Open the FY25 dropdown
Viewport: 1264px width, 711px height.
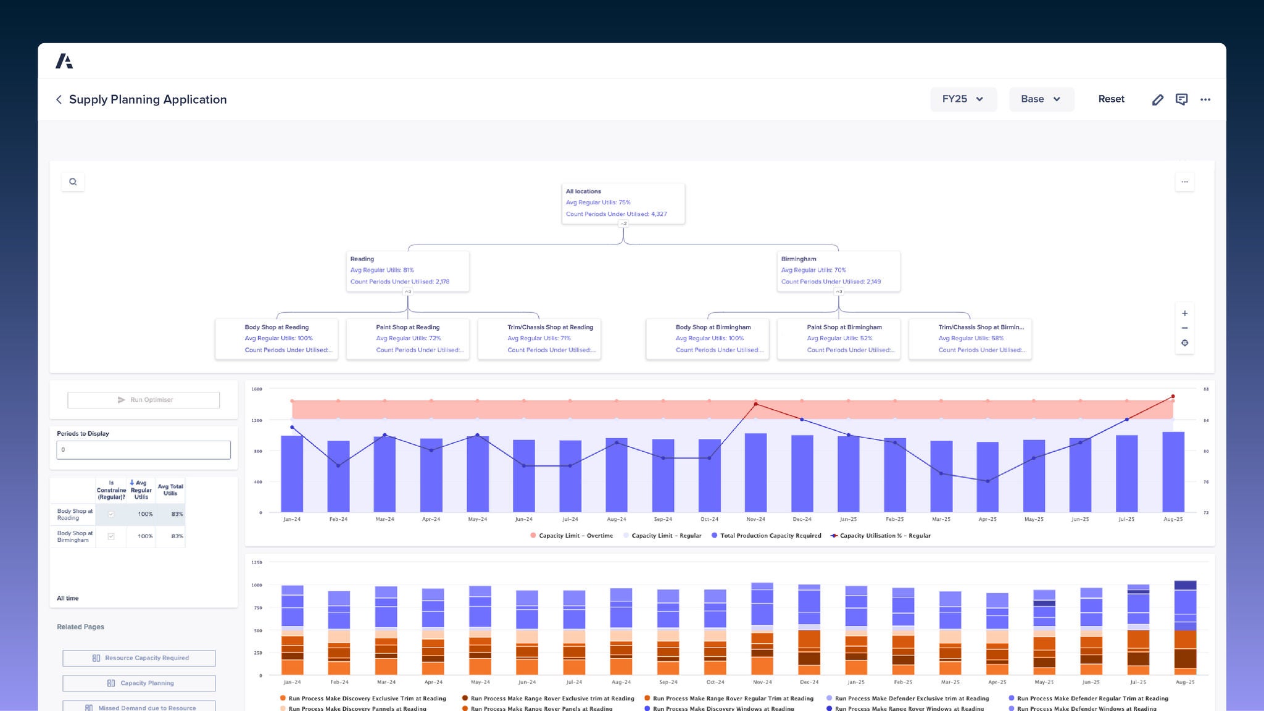[963, 99]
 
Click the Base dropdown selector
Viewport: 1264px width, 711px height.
[1041, 99]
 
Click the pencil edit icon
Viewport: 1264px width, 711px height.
[1157, 100]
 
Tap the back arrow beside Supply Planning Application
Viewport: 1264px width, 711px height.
[59, 99]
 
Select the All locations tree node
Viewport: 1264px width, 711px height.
[623, 203]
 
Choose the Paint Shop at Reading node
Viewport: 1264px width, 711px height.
[407, 338]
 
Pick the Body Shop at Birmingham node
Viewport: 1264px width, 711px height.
[707, 338]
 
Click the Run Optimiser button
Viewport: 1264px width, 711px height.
[144, 400]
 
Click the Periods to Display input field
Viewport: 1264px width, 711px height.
[144, 450]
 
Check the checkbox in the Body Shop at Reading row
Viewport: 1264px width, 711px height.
[111, 514]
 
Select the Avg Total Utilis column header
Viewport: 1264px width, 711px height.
[170, 490]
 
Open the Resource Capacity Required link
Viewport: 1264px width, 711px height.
[139, 658]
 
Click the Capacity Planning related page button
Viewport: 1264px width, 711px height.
[139, 683]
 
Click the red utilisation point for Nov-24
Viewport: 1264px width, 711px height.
[755, 404]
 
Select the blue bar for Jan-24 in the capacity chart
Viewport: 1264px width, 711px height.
[292, 474]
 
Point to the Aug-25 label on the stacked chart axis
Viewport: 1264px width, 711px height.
[1184, 682]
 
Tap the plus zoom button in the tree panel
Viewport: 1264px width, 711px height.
[1184, 314]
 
